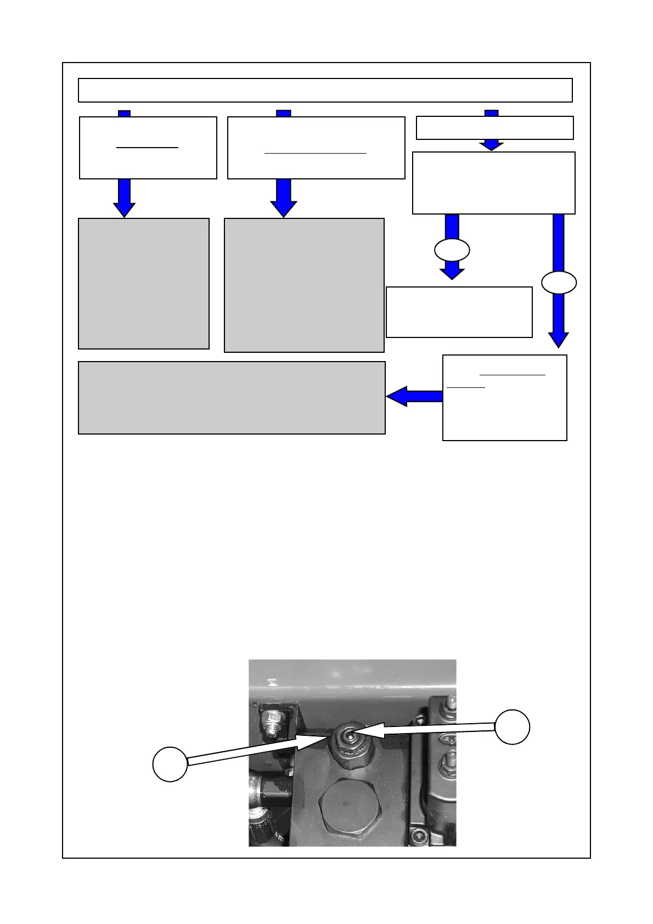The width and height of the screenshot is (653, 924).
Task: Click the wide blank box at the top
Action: (x=325, y=90)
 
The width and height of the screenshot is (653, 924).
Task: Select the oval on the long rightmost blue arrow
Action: (x=559, y=283)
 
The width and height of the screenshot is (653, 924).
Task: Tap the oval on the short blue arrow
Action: (x=452, y=250)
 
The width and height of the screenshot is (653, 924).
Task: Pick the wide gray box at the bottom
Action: (x=232, y=397)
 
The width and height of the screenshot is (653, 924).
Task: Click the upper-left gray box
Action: (x=144, y=283)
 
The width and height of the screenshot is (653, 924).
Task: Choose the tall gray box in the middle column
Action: (x=304, y=285)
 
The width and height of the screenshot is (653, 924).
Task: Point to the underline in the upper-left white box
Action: (x=148, y=148)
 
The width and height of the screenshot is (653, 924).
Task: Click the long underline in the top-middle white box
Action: (x=315, y=153)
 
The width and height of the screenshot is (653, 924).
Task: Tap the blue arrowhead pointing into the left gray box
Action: (x=125, y=210)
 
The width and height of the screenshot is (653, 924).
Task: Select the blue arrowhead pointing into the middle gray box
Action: (x=284, y=209)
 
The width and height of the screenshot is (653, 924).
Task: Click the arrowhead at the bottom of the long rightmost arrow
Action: (x=559, y=340)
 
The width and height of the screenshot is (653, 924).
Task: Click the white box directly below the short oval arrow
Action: (x=459, y=312)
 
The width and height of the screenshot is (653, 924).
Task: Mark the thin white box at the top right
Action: (x=494, y=128)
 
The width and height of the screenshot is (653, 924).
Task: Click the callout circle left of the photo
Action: (x=170, y=764)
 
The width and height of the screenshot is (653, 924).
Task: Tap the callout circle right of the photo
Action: (x=512, y=727)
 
